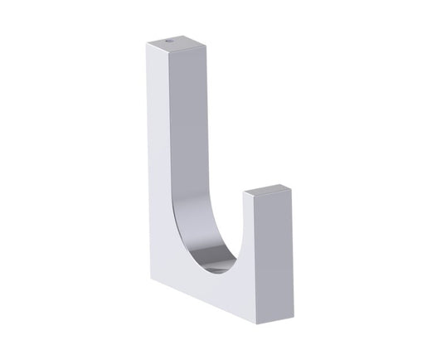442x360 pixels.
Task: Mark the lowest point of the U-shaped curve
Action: pyautogui.click(x=217, y=271)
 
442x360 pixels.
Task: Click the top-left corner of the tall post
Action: pyautogui.click(x=148, y=42)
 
